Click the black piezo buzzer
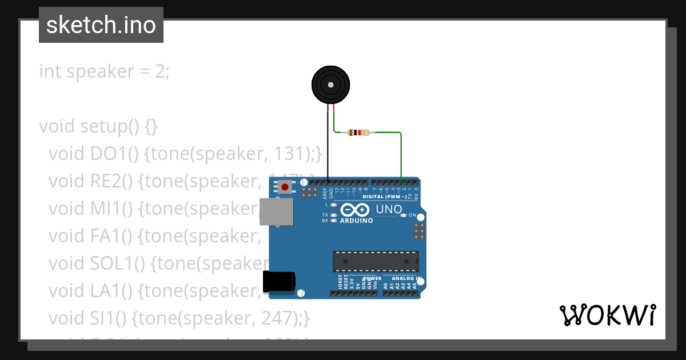[330, 85]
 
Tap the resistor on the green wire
[358, 133]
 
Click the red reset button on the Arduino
[285, 187]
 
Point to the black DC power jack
[279, 282]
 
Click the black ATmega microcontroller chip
[376, 261]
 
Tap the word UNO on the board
[389, 210]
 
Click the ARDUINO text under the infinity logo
[357, 221]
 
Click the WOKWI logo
[607, 315]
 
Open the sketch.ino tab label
[101, 25]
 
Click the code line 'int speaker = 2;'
[104, 71]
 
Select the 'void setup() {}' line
[98, 126]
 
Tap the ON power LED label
[412, 215]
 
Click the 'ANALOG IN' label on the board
[406, 278]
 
